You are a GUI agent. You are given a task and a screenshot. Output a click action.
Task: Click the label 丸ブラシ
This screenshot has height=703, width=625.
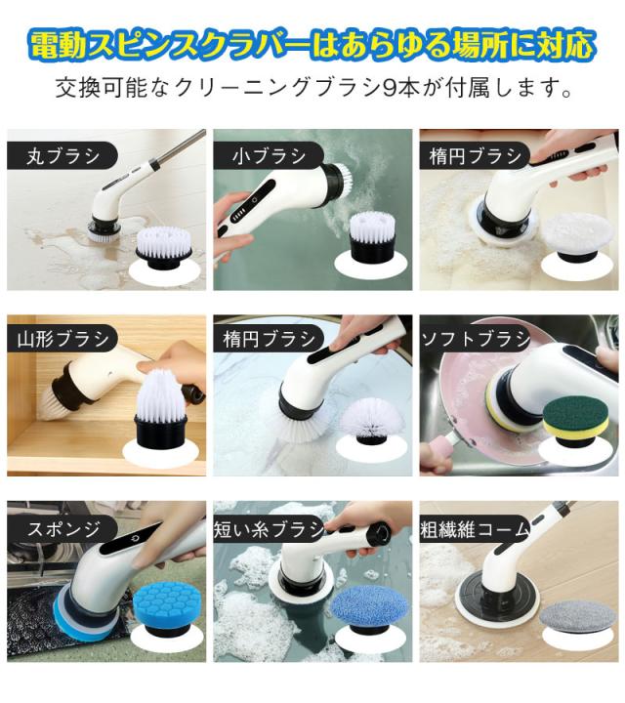pyautogui.click(x=62, y=156)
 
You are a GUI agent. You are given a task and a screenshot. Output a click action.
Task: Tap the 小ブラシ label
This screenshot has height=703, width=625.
pyautogui.click(x=269, y=156)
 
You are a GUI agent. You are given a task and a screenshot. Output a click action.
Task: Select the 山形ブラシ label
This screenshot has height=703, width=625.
pyautogui.click(x=63, y=339)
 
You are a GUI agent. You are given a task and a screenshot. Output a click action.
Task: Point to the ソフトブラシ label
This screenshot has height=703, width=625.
pyautogui.click(x=476, y=339)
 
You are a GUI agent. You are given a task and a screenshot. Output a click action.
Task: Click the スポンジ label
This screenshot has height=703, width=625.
pyautogui.click(x=63, y=529)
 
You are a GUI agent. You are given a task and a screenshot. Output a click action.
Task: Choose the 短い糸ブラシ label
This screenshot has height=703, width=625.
pyautogui.click(x=269, y=529)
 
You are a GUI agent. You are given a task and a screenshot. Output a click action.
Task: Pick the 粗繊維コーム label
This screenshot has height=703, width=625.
pyautogui.click(x=475, y=529)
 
